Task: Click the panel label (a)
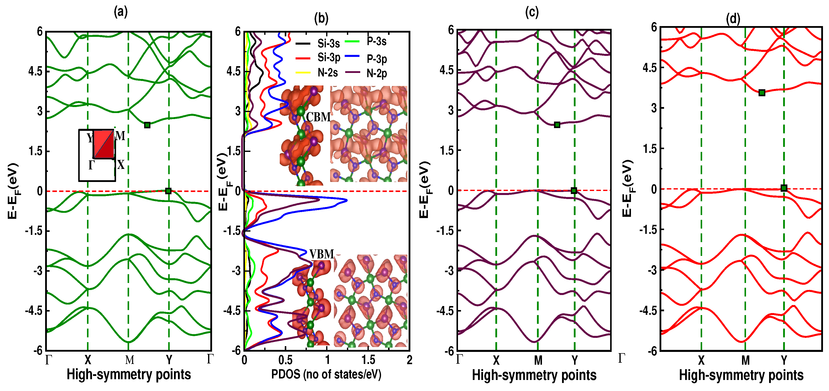(x=121, y=12)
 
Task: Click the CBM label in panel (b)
(x=318, y=117)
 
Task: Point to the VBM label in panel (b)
(x=321, y=254)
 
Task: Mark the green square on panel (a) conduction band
(x=147, y=125)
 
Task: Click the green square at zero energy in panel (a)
(x=168, y=191)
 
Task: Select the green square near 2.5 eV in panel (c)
(x=557, y=125)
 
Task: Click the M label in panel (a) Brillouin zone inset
(x=120, y=136)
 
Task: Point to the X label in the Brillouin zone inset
(x=121, y=165)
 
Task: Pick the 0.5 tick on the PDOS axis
(x=285, y=360)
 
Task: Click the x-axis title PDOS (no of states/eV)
(x=326, y=374)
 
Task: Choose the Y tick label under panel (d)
(x=784, y=360)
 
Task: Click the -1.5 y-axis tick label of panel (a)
(x=34, y=231)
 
